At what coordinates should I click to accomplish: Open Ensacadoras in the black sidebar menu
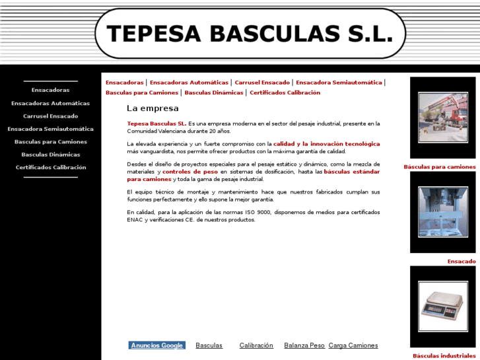tap(50, 90)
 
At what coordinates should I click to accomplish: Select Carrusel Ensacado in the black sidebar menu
tap(50, 116)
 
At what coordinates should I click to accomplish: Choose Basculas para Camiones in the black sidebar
tap(50, 141)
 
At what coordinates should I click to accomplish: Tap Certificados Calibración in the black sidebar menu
tap(50, 167)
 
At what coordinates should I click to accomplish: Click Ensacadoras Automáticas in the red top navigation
tap(189, 83)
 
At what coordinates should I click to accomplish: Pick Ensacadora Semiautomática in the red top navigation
tap(339, 83)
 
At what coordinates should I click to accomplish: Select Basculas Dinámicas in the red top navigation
tap(214, 92)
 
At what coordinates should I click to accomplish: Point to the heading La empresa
tap(153, 108)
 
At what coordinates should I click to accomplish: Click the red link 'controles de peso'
tap(189, 172)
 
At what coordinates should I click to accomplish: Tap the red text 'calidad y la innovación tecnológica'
tap(327, 143)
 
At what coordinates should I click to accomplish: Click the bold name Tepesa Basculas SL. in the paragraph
tap(156, 124)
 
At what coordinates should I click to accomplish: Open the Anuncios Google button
tap(156, 345)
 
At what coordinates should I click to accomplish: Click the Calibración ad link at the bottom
tap(256, 345)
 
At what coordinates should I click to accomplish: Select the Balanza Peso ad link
tap(304, 345)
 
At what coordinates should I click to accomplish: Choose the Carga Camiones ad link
tap(353, 345)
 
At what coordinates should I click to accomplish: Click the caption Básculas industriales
tap(444, 356)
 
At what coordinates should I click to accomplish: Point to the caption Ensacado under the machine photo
tap(461, 262)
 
